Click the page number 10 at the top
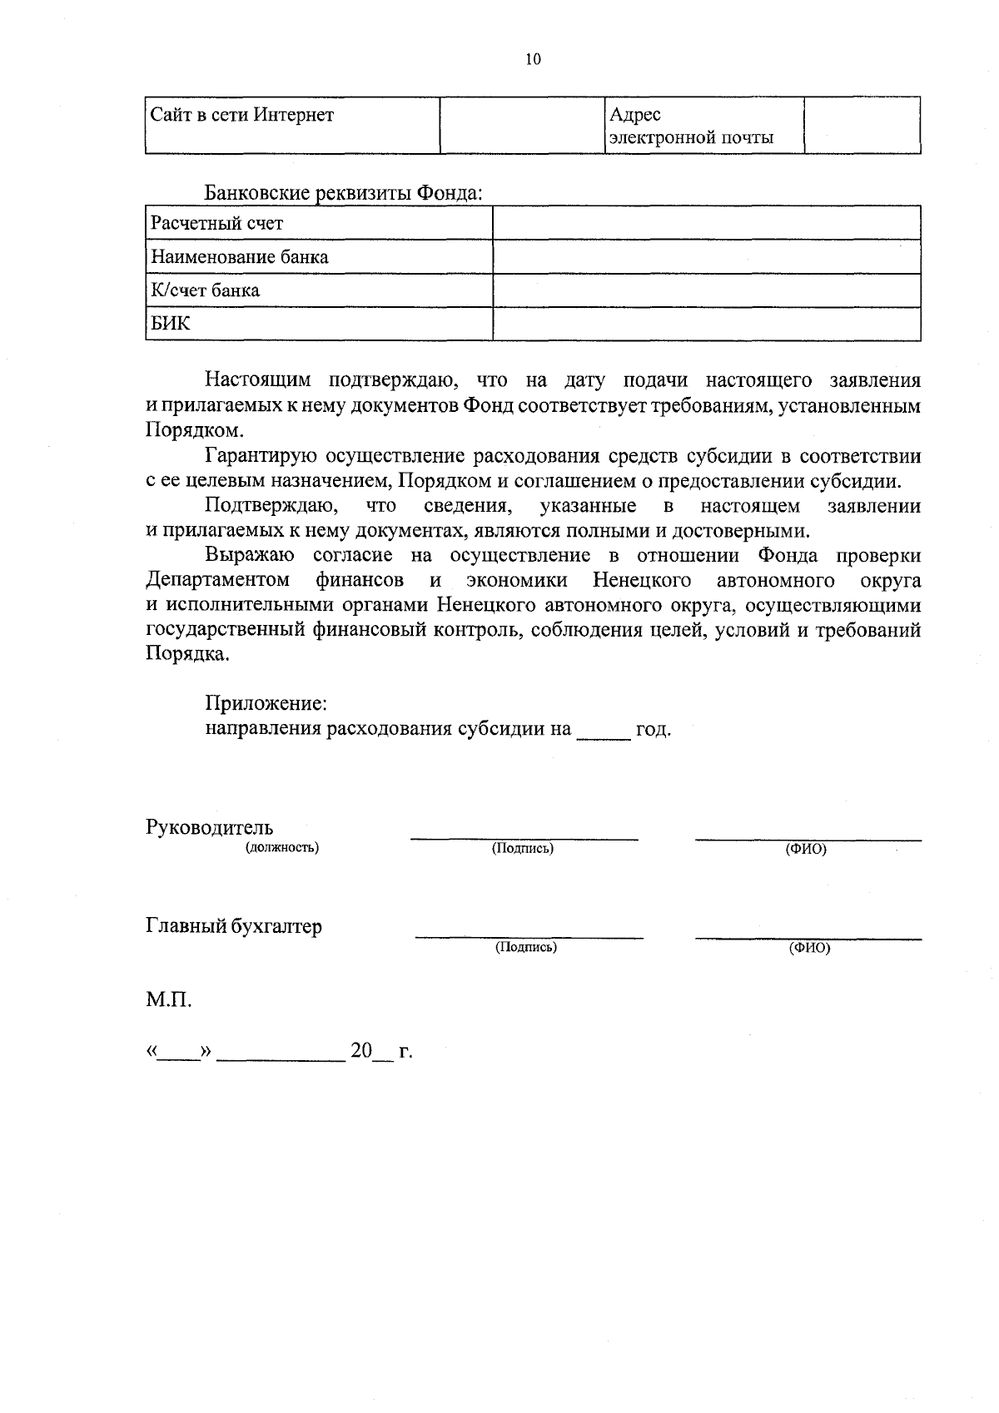point(534,59)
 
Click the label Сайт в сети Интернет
point(241,115)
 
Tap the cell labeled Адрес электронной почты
point(691,126)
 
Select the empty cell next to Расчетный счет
point(706,223)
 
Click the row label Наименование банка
point(240,257)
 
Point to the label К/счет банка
point(205,290)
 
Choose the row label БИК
point(170,324)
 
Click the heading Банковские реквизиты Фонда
point(344,193)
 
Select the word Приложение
point(266,703)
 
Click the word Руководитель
point(209,828)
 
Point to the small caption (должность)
point(281,848)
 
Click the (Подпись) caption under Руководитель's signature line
point(523,849)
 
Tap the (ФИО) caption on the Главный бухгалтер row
point(809,948)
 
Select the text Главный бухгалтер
point(234,926)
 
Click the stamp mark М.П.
point(169,1000)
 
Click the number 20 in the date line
point(360,1051)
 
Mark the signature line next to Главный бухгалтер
point(529,937)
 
